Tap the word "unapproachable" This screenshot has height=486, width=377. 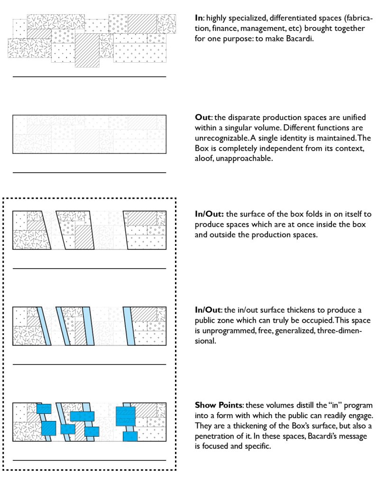[x=249, y=159]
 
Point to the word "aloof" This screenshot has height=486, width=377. [x=204, y=159]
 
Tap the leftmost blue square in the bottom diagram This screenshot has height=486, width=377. [x=44, y=409]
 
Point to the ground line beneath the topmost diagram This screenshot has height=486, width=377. [x=89, y=76]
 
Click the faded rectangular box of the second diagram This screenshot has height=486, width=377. [x=89, y=134]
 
